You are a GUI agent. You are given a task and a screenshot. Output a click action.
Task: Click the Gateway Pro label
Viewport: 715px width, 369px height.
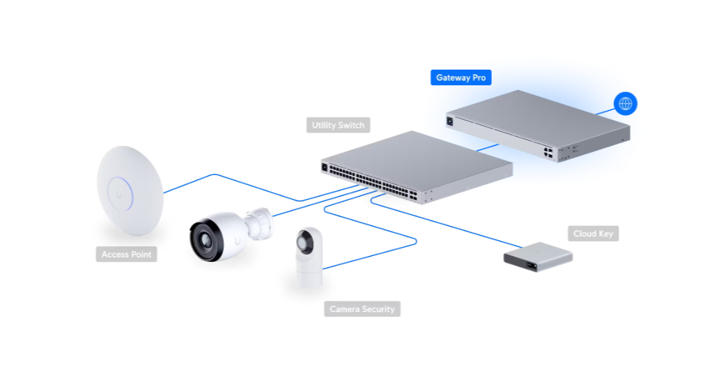click(x=460, y=78)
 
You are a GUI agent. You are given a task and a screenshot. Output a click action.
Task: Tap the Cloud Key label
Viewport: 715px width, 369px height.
click(x=593, y=234)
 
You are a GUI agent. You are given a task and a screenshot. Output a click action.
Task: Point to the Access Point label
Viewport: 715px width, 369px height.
click(x=127, y=254)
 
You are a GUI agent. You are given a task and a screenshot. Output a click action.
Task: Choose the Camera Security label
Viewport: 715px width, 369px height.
click(x=362, y=309)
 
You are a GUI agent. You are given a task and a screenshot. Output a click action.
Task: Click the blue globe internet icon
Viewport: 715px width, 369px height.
click(x=624, y=103)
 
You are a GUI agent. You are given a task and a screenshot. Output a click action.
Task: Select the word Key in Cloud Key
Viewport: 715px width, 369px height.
click(x=605, y=234)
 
